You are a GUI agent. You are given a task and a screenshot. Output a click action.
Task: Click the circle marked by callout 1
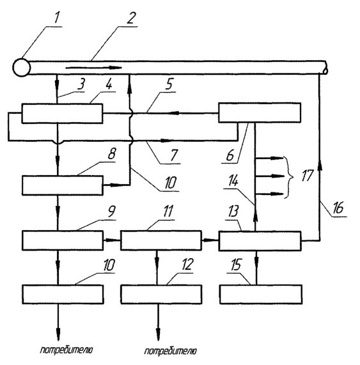22,68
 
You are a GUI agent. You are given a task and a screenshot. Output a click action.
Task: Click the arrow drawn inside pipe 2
93,68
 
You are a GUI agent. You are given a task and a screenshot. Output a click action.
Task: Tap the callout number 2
131,18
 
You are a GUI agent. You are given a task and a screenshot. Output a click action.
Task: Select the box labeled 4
62,113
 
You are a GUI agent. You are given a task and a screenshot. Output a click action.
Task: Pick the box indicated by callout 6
260,113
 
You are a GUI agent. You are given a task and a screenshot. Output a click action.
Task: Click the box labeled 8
63,185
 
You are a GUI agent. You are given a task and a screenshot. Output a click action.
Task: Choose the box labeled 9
63,240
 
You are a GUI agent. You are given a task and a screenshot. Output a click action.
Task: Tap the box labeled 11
161,240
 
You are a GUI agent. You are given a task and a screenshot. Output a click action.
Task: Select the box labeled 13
260,241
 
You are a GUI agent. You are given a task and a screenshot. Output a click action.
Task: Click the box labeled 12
161,294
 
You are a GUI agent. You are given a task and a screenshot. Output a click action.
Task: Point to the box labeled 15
261,294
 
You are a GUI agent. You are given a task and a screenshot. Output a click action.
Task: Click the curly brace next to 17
289,176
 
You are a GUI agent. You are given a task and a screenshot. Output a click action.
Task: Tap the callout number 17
307,175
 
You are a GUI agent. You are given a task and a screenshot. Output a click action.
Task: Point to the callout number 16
338,207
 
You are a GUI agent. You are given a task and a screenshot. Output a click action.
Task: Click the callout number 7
174,155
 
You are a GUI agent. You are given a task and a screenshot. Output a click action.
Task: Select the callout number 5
169,84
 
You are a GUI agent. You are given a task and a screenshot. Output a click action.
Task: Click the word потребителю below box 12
171,351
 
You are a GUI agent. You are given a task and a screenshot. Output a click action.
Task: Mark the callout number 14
233,181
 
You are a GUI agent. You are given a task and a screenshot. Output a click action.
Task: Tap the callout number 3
81,84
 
